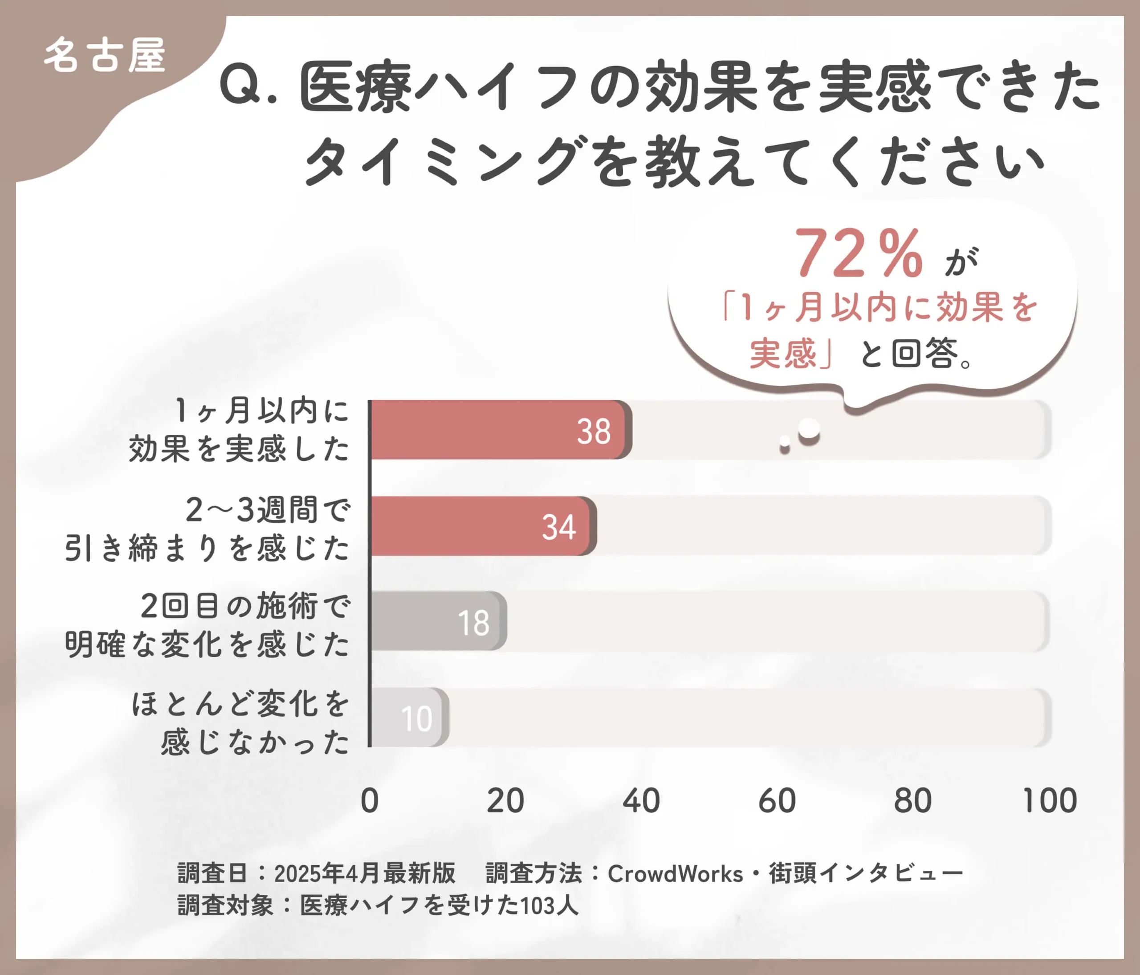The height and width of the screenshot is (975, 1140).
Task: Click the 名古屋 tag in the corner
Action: click(x=105, y=56)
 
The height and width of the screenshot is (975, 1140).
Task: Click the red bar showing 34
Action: click(x=481, y=526)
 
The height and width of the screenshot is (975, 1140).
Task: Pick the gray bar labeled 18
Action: click(x=437, y=621)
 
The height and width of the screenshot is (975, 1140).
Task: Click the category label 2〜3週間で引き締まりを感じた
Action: click(x=208, y=529)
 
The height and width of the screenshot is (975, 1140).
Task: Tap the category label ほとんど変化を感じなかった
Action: click(x=240, y=722)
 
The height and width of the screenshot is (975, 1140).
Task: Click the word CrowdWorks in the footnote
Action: click(x=675, y=874)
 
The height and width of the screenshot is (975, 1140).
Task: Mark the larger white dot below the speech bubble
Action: click(x=809, y=428)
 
